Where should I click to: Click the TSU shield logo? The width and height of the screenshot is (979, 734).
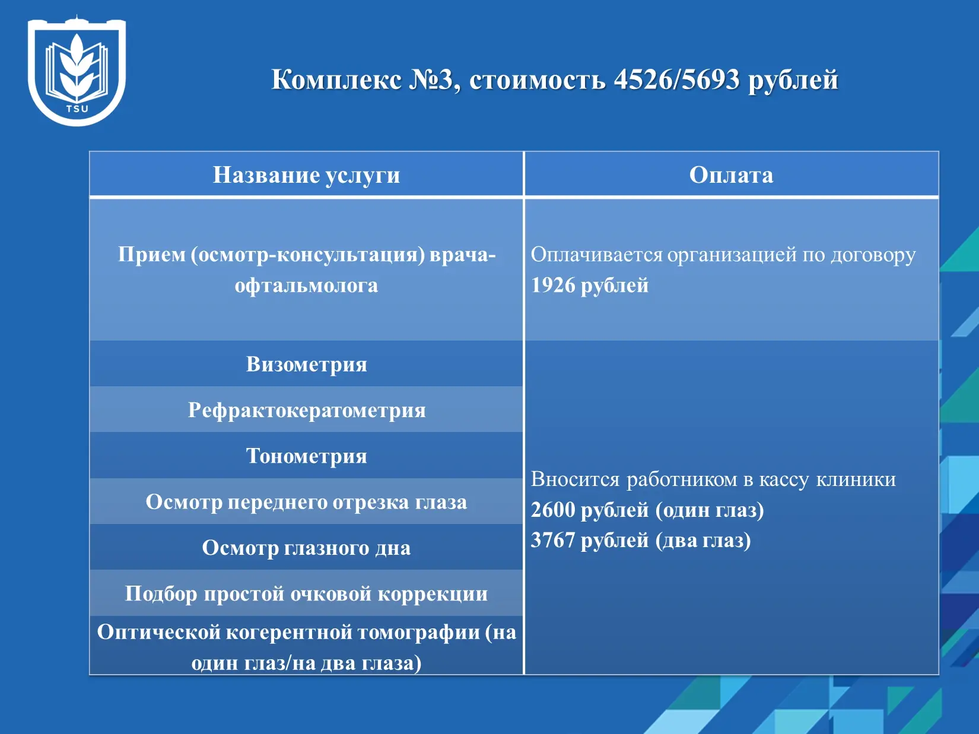(77, 71)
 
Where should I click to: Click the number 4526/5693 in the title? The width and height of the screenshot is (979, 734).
(676, 80)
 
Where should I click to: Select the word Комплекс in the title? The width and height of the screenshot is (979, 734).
(337, 81)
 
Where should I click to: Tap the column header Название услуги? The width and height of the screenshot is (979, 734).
(306, 175)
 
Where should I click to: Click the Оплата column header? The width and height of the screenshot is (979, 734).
(731, 175)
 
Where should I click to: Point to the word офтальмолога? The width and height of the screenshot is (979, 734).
(306, 286)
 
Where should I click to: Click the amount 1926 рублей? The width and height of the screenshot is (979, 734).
(590, 285)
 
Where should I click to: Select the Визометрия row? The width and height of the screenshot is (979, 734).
(306, 364)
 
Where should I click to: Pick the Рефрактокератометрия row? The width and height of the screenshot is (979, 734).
(306, 410)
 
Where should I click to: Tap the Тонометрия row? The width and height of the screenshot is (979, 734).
(306, 456)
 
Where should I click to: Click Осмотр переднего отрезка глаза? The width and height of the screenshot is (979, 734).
(306, 502)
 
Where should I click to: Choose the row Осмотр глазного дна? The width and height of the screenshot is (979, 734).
(306, 548)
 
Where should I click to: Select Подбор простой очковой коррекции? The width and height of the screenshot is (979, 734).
(306, 594)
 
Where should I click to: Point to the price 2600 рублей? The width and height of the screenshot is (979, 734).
(590, 510)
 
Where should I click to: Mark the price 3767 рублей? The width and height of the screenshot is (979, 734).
(590, 541)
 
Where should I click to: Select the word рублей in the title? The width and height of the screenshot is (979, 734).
(793, 81)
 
